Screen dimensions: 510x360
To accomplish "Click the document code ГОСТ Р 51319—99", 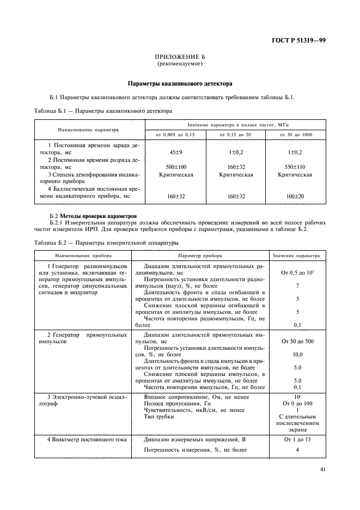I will pyautogui.click(x=298, y=41).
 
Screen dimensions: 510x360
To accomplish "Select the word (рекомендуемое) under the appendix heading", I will pyautogui.click(x=180, y=64).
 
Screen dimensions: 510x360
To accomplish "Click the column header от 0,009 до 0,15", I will pyautogui.click(x=175, y=134).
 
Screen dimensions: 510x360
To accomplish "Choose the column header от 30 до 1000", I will pyautogui.click(x=296, y=134).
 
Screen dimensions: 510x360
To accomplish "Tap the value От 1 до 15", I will pyautogui.click(x=297, y=439).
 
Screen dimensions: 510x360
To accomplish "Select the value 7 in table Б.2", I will pyautogui.click(x=297, y=286).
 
